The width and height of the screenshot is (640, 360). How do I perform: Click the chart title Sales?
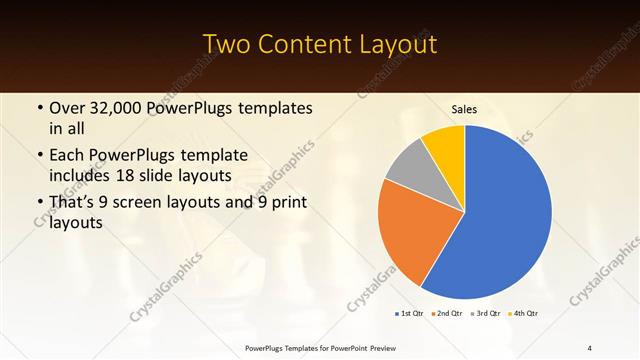[464, 108]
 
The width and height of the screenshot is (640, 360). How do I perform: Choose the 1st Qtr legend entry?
[408, 314]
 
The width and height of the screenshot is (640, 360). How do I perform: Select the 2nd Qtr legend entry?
[445, 314]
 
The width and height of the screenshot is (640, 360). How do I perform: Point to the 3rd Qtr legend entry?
[485, 314]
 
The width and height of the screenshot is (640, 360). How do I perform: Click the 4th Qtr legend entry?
[523, 314]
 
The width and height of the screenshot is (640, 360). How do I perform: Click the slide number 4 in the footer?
[589, 347]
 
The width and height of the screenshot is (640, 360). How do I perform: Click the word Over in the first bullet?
[66, 107]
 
